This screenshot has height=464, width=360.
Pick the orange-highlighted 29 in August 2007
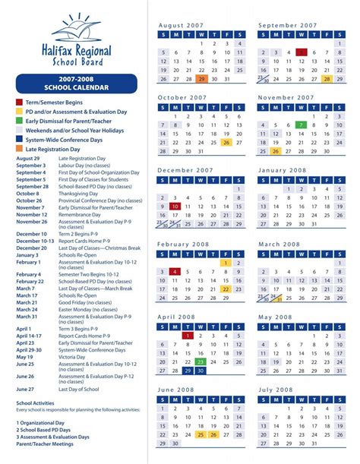(x=201, y=79)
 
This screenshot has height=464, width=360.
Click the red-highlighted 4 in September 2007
(x=302, y=52)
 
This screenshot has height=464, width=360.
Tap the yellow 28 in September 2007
(x=327, y=79)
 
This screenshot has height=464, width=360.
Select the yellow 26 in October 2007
(x=226, y=142)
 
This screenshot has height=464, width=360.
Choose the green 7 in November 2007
(x=302, y=125)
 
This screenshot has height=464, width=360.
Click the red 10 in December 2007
(x=175, y=206)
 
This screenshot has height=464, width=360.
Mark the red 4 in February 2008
(x=175, y=271)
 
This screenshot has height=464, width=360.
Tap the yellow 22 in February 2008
(x=226, y=289)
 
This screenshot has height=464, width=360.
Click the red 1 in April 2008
(x=188, y=335)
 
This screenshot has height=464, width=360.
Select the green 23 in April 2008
(x=201, y=362)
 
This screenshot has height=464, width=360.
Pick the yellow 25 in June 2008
(x=201, y=434)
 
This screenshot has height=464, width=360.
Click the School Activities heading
(x=35, y=403)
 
